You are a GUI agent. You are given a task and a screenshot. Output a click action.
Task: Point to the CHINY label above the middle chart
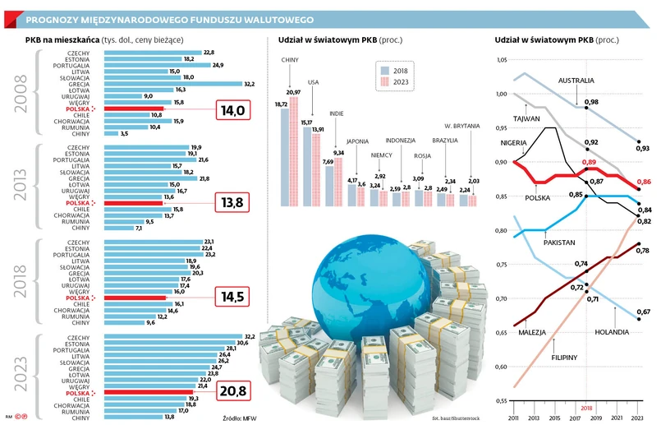(290, 60)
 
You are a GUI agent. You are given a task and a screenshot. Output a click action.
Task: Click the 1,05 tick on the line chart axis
(501, 60)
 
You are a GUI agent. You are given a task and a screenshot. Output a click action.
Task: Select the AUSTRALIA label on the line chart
(577, 81)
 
